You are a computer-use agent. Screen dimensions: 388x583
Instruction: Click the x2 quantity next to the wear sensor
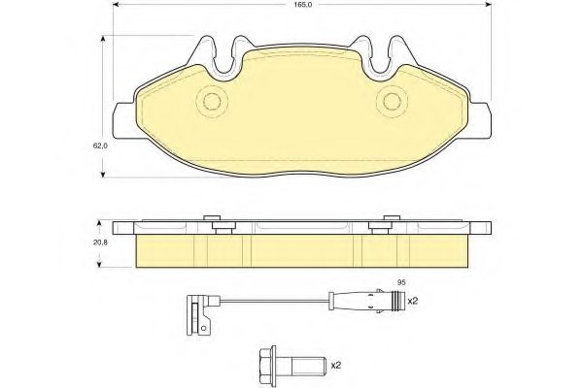pyautogui.click(x=411, y=301)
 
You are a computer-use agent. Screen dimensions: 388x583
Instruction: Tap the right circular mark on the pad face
pyautogui.click(x=391, y=101)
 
